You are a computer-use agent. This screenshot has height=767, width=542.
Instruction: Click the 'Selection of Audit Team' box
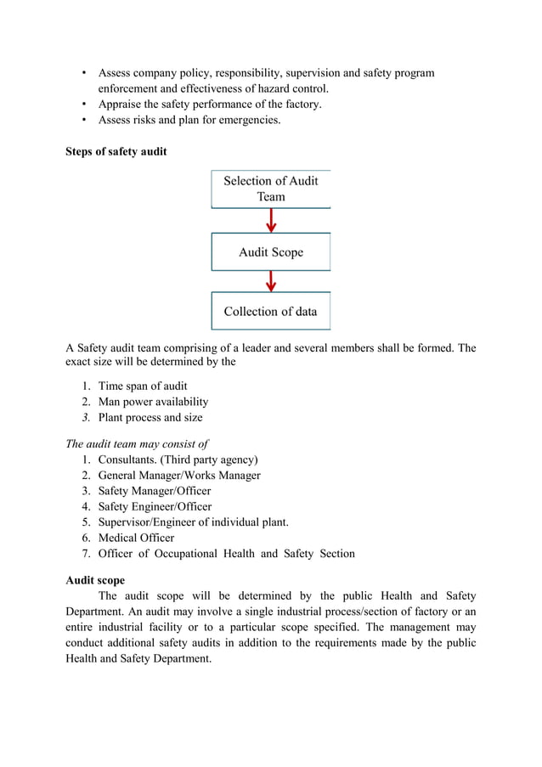pos(270,189)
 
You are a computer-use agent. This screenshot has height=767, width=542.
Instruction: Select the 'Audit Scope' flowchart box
pos(270,251)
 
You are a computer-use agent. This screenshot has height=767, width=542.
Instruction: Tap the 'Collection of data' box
pos(270,311)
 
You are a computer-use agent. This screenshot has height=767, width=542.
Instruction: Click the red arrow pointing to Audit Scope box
pos(271,220)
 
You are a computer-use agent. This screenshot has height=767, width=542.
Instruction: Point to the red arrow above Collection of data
pos(271,281)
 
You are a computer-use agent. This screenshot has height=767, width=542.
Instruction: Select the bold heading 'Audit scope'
pos(95,580)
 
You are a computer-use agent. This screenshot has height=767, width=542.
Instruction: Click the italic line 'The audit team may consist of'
pos(137,443)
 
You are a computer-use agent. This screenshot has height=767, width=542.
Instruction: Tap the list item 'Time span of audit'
pos(143,386)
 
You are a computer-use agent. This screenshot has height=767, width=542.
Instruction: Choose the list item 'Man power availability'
pos(153,402)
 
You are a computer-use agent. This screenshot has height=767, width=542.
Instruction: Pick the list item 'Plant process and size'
pos(150,417)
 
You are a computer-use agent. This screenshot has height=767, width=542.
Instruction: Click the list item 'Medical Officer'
pos(136,538)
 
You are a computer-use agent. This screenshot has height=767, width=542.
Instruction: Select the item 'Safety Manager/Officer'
pos(155,491)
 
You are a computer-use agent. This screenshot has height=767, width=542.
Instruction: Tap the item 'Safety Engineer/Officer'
pos(155,506)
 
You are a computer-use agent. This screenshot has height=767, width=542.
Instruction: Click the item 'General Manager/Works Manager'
pos(179,475)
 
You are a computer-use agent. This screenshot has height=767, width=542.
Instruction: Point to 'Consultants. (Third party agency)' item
pos(178,460)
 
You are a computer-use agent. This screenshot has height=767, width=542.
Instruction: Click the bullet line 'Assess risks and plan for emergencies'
pos(189,120)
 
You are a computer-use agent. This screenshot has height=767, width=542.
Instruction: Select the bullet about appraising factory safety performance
pos(210,104)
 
